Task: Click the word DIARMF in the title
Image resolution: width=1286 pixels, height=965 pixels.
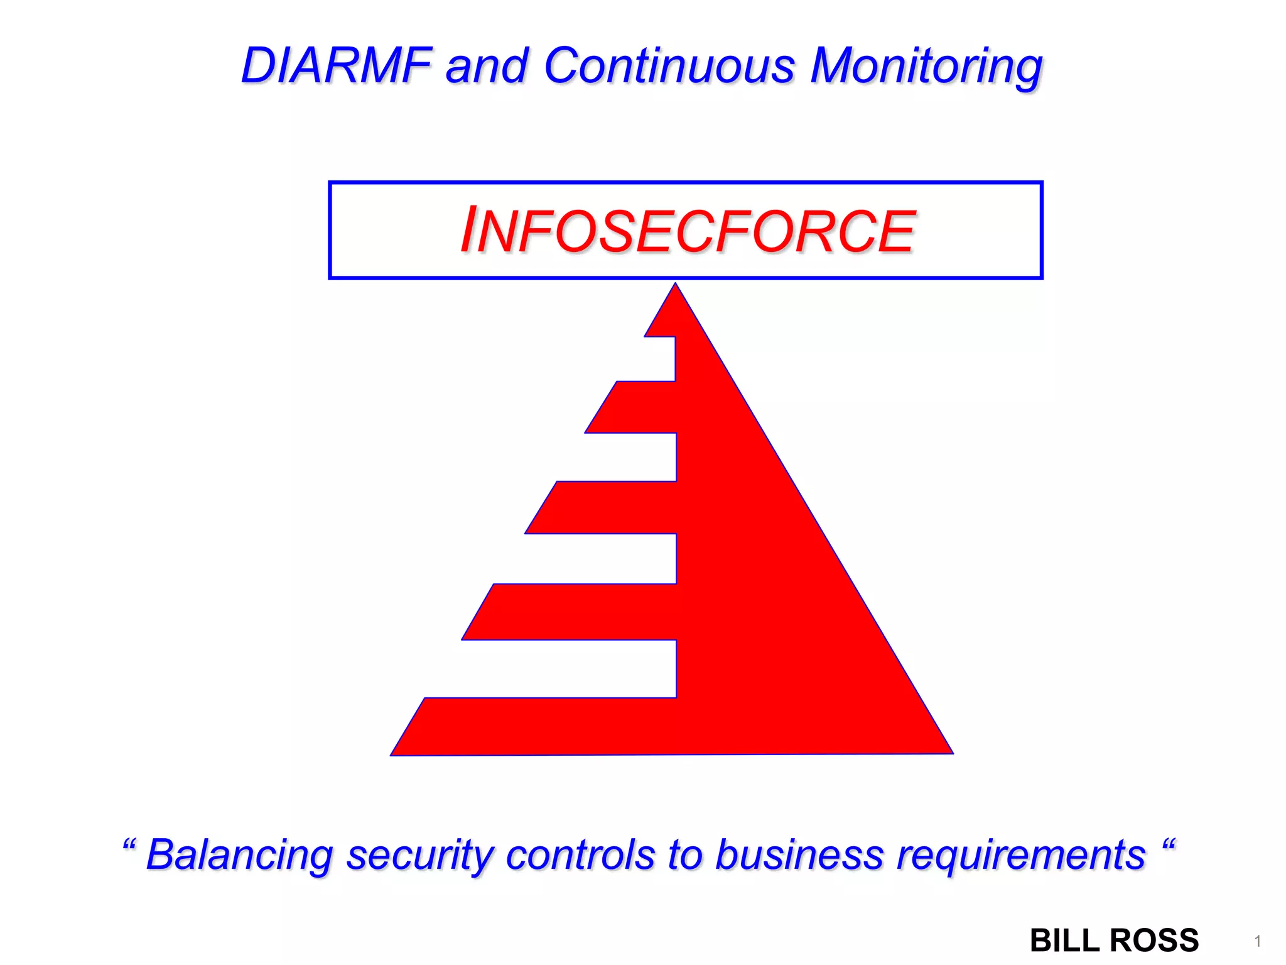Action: (x=336, y=65)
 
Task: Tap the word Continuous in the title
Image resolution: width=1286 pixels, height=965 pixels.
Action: (x=669, y=65)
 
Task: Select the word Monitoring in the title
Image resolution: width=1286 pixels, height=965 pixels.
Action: (x=926, y=67)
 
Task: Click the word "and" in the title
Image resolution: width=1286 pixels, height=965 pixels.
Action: (x=486, y=67)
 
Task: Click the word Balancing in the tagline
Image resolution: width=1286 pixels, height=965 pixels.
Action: (x=239, y=856)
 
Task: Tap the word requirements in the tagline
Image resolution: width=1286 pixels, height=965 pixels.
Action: (x=1021, y=856)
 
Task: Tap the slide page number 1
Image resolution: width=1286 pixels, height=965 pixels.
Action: (x=1258, y=941)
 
